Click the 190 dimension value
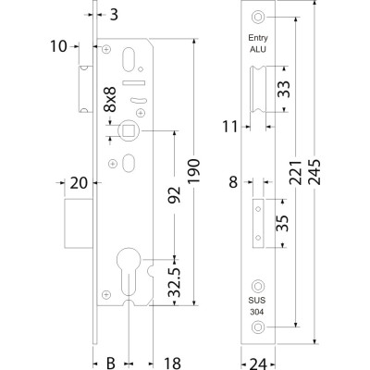point(193,171)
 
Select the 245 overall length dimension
point(314,172)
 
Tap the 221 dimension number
point(295,172)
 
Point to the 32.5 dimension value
point(174,282)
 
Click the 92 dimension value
point(174,195)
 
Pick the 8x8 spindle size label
point(110,99)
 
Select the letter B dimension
point(111,363)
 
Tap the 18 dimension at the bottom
point(171,364)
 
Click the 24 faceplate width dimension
point(258,364)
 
